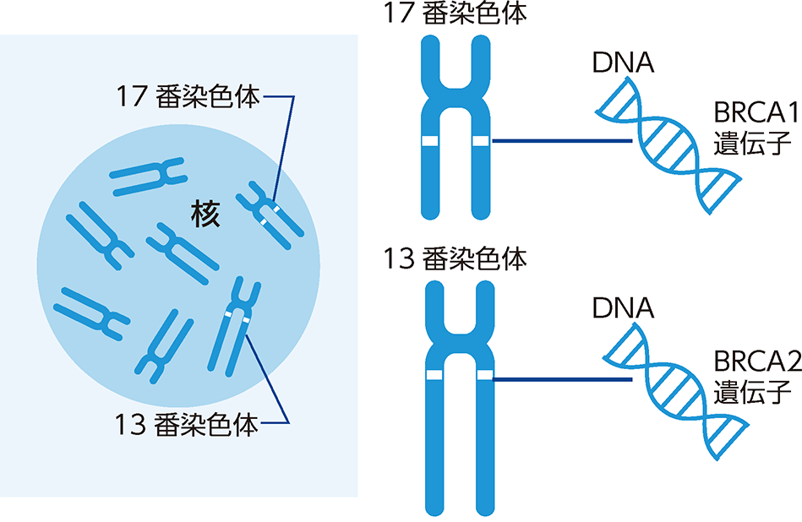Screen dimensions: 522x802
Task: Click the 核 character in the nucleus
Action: (x=205, y=216)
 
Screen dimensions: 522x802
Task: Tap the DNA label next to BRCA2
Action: (x=624, y=307)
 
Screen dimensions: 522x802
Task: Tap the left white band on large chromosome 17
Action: (x=429, y=140)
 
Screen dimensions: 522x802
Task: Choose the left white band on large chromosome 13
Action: (x=433, y=374)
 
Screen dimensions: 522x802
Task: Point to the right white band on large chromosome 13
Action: (x=484, y=374)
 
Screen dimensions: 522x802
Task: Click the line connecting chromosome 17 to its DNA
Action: (x=562, y=141)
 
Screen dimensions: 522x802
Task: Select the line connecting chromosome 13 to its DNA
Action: (x=562, y=378)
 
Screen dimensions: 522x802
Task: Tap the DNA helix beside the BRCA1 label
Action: (x=668, y=144)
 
